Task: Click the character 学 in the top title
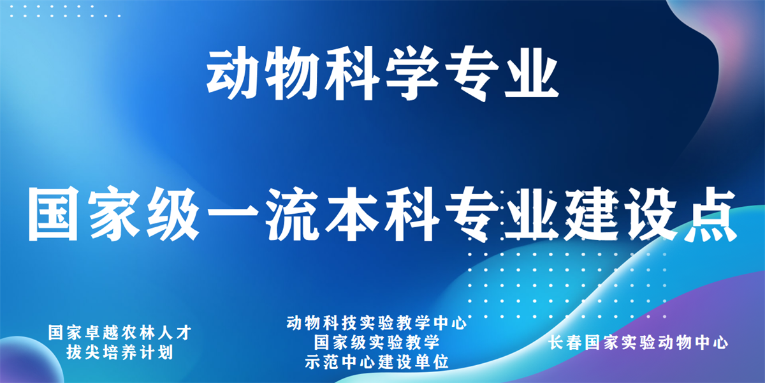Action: click(x=412, y=74)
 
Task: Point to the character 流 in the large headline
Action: click(x=292, y=214)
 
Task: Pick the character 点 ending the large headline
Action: click(x=709, y=214)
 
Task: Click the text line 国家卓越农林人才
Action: click(x=120, y=333)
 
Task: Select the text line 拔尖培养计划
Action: click(x=120, y=352)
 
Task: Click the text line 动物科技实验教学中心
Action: click(x=376, y=323)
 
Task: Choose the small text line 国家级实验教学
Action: click(x=376, y=342)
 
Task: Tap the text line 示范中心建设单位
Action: click(x=376, y=362)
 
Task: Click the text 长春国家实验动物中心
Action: click(x=639, y=343)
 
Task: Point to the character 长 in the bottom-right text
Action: click(x=557, y=343)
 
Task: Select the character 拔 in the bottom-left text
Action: click(x=75, y=352)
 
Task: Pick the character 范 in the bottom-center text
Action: click(x=331, y=362)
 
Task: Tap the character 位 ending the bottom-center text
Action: click(x=441, y=362)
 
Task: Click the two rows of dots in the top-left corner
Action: click(x=65, y=11)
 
